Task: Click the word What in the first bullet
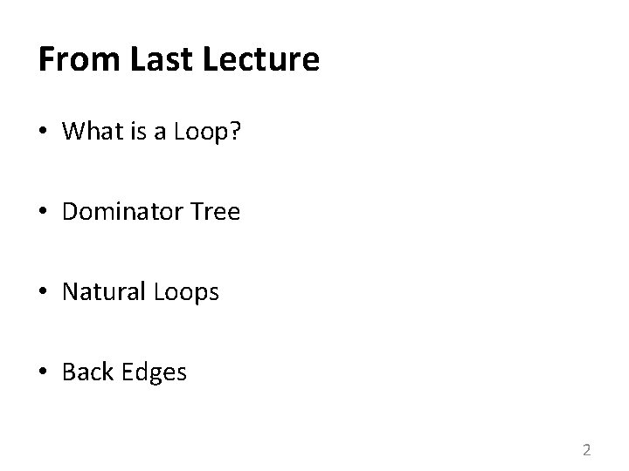(x=90, y=131)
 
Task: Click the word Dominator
(x=121, y=211)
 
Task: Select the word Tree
(x=214, y=211)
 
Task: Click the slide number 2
(x=586, y=450)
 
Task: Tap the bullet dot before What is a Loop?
(x=45, y=132)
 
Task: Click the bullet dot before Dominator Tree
(x=45, y=212)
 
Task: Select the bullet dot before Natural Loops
(x=45, y=293)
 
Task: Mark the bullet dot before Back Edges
(x=45, y=373)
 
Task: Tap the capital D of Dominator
(x=70, y=211)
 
